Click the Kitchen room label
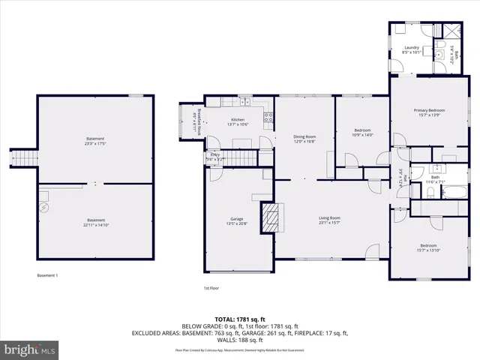(238, 120)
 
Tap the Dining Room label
(304, 136)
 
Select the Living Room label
(329, 218)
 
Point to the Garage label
(236, 219)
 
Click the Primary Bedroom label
(426, 110)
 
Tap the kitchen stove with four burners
(267, 115)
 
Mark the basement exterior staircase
(28, 158)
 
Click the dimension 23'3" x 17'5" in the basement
(95, 142)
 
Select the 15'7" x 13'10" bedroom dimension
(428, 250)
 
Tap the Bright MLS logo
(30, 349)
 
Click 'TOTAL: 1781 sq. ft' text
(239, 319)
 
